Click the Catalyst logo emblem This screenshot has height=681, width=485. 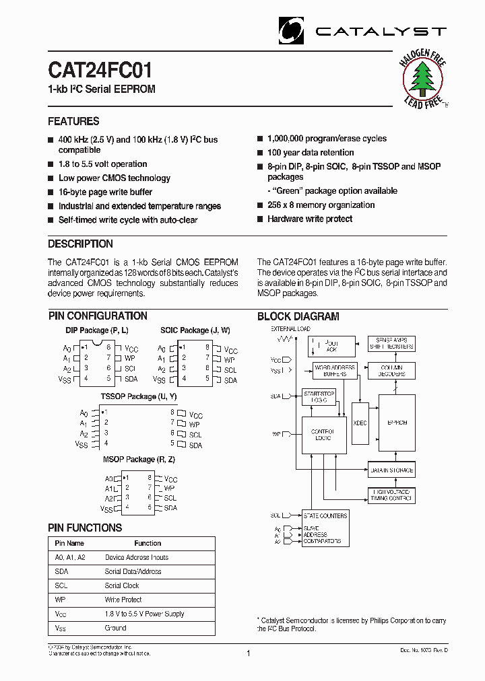click(292, 31)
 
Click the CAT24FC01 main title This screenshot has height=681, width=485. click(100, 71)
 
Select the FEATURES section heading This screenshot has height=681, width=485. click(73, 122)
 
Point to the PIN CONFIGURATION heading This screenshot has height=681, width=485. click(98, 316)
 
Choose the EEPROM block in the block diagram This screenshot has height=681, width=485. click(397, 423)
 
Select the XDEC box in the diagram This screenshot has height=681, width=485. click(360, 423)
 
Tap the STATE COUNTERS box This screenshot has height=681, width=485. click(325, 515)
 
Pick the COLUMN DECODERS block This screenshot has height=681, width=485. click(391, 370)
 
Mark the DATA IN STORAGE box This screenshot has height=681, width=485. click(391, 470)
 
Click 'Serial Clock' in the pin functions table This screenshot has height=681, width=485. click(122, 585)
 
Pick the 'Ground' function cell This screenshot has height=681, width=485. click(115, 628)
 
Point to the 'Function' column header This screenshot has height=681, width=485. click(148, 543)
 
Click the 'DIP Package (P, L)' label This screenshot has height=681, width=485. click(97, 330)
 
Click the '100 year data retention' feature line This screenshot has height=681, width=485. click(311, 153)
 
